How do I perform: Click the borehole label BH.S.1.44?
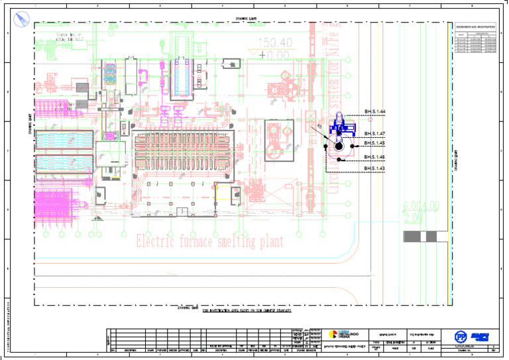pyautogui.click(x=374, y=112)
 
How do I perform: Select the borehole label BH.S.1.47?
pyautogui.click(x=374, y=134)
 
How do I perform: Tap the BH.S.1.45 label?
pyautogui.click(x=374, y=143)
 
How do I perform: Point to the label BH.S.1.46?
pyautogui.click(x=374, y=157)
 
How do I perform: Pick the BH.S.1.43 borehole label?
pyautogui.click(x=374, y=168)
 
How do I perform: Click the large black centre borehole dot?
pyautogui.click(x=339, y=146)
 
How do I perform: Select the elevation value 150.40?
pyautogui.click(x=276, y=44)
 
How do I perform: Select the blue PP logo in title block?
pyautogui.click(x=460, y=336)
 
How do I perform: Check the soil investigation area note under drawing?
pyautogui.click(x=247, y=310)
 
